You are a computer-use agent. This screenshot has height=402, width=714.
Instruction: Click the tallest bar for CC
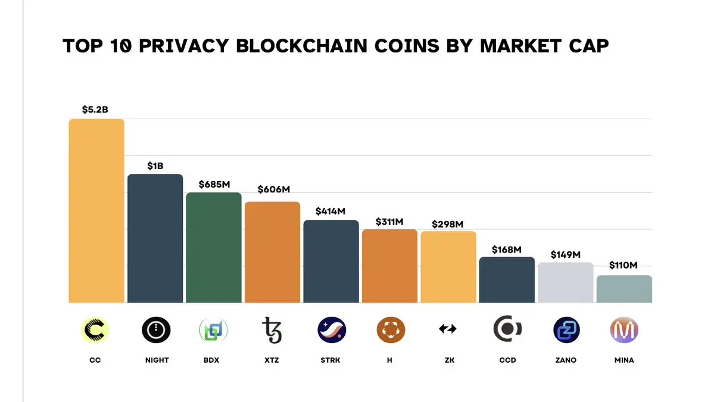(96, 211)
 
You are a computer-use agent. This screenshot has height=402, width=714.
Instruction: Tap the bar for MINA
(624, 289)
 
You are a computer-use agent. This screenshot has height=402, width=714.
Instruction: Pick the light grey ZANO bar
(566, 282)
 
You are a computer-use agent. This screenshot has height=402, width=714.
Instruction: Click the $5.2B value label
(95, 110)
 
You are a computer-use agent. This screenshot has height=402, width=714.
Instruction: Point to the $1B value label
(155, 166)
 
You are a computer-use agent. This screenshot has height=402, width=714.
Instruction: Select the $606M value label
(273, 189)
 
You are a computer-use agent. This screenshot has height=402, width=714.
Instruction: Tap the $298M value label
(448, 224)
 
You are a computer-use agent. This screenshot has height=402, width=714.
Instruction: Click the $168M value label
(507, 249)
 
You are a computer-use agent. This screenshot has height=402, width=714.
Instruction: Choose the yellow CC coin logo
(95, 329)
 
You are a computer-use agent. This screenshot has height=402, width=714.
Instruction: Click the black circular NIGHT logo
(156, 329)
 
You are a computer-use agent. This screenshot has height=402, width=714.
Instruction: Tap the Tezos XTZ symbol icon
(272, 329)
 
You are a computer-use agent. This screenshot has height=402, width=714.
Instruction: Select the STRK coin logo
(332, 329)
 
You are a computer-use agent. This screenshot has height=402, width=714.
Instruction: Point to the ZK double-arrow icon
(448, 329)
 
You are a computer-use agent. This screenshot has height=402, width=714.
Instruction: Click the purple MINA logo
(624, 329)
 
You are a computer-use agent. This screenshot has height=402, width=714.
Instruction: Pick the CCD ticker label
(507, 360)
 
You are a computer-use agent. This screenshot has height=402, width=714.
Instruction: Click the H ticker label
(389, 360)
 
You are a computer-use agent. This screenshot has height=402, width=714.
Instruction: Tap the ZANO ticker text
(566, 360)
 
